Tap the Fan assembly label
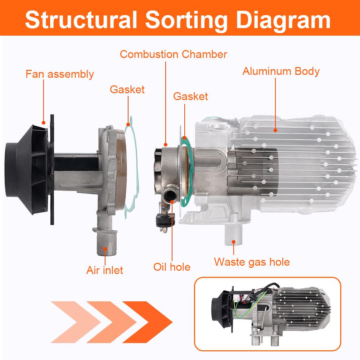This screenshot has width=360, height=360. point(59,75)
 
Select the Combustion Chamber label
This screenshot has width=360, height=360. point(173,54)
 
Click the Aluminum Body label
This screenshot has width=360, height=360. point(281,71)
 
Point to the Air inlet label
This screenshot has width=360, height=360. point(104,270)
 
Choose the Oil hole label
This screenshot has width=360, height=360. point(172,267)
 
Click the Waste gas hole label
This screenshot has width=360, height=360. point(252,262)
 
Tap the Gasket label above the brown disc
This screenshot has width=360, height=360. point(127,89)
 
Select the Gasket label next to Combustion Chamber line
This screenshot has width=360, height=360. point(190,96)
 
